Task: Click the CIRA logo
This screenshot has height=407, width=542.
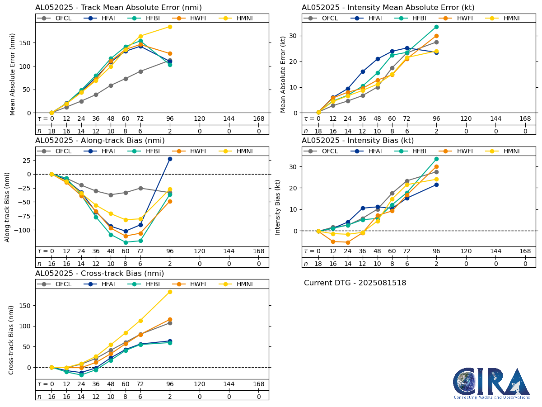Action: point(492,383)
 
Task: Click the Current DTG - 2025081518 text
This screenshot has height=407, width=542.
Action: point(355,283)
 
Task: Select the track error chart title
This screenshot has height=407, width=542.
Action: point(118,8)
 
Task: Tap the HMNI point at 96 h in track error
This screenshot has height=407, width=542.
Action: point(170,27)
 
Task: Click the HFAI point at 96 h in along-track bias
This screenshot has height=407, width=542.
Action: point(170,159)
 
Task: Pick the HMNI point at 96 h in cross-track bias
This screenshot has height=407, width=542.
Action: point(170,292)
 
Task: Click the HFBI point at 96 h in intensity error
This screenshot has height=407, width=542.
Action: point(436,27)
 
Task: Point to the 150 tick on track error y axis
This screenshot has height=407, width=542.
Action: point(28,43)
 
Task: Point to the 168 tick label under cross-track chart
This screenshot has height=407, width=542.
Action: point(258,384)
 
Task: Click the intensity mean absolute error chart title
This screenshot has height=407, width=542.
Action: point(388,8)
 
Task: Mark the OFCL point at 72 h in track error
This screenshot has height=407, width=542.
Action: point(140,71)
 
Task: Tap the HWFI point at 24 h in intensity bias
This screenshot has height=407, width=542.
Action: point(348,242)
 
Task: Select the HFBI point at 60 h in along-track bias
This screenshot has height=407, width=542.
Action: point(126,242)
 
